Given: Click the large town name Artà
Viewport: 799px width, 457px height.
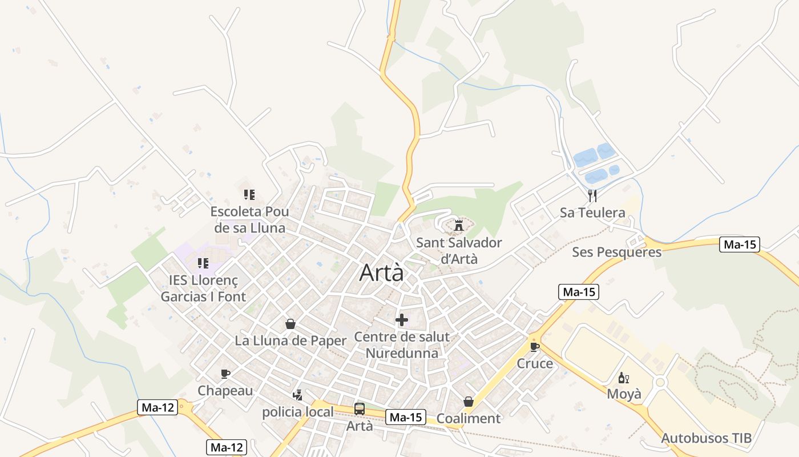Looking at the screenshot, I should tap(381, 273).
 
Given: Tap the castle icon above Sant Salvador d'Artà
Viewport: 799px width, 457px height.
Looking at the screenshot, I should tap(458, 225).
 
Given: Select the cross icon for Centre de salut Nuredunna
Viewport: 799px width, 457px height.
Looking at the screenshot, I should tap(402, 320).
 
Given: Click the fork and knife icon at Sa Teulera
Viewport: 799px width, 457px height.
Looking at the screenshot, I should tap(592, 196).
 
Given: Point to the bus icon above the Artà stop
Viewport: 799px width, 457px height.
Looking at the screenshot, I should tap(360, 408).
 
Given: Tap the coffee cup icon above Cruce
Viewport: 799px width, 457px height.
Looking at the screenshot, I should tap(535, 347).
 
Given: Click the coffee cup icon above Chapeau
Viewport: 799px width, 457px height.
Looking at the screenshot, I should tap(225, 374).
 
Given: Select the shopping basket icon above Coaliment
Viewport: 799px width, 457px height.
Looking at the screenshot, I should tap(469, 402).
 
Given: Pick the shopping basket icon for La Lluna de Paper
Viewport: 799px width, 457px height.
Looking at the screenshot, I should tap(290, 324).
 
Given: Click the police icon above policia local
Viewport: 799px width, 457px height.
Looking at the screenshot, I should tap(297, 395).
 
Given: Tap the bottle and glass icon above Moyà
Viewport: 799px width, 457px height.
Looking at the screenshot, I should tap(624, 378).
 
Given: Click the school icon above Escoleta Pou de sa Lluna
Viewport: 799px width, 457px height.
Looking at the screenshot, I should tap(249, 195).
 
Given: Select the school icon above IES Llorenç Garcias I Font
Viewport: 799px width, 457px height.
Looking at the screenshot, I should tap(203, 263).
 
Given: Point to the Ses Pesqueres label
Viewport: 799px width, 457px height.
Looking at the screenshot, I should tap(616, 252).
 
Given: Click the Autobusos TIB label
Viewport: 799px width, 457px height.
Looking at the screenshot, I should tap(706, 438).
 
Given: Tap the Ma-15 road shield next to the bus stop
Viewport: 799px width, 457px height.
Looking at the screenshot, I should tap(406, 418).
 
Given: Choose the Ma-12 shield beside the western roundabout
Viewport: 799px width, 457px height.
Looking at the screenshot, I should tap(157, 407).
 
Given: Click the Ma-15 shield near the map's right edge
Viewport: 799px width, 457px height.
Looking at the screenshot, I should tap(740, 244).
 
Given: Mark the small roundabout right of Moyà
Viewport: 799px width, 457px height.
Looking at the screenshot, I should tap(660, 382).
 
